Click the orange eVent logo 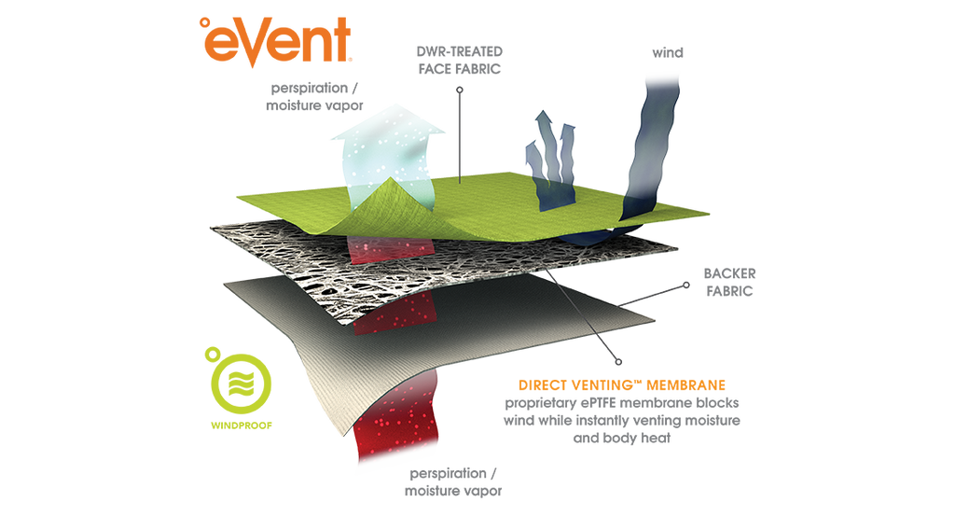tap(276, 40)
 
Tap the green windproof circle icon tap(242, 384)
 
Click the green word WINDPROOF tap(242, 425)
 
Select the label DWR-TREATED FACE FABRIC tap(459, 61)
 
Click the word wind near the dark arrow tap(668, 53)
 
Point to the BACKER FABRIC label tap(729, 282)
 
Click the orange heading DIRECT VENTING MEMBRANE tap(622, 385)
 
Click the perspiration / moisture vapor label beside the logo tap(314, 96)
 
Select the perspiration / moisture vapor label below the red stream tap(453, 481)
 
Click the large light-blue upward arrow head tap(388, 124)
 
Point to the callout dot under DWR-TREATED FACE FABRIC tap(460, 90)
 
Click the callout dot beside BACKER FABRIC tap(686, 285)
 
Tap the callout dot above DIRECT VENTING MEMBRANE tap(618, 362)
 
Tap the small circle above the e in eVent tap(204, 22)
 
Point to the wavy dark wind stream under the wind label tap(650, 152)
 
